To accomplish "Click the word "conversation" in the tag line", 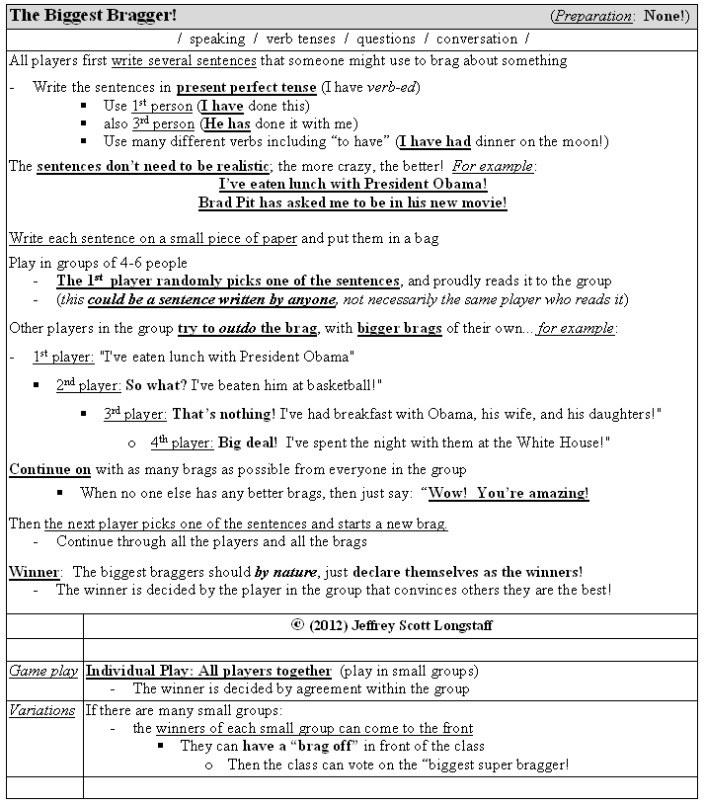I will tap(477, 40).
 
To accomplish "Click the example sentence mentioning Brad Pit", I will tap(352, 202).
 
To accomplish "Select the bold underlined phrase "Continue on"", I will tap(50, 469).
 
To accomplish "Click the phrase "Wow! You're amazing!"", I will tap(508, 493).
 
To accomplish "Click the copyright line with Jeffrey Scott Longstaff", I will tap(392, 625).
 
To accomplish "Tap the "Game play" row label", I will tap(43, 672).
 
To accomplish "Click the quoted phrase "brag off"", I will tap(318, 746).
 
